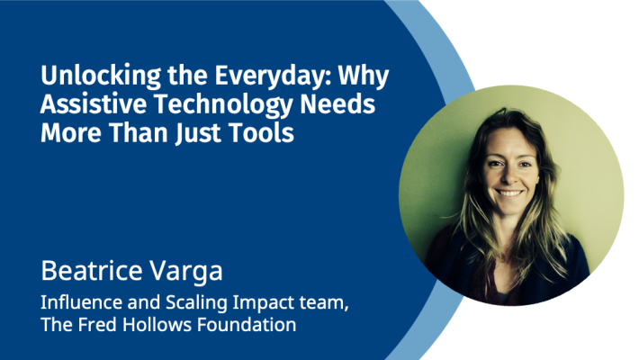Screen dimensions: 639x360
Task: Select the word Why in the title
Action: tap(364, 76)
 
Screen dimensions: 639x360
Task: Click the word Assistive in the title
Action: tap(94, 104)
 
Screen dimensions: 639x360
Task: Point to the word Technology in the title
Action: tap(223, 104)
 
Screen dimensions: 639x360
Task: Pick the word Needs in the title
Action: tap(337, 104)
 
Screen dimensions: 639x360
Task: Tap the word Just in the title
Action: tap(199, 133)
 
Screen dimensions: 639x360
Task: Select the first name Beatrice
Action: tap(91, 270)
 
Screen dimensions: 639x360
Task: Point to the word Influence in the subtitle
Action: tap(81, 302)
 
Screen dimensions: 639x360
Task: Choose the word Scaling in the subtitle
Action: tap(196, 303)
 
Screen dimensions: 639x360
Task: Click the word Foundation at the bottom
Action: tap(247, 325)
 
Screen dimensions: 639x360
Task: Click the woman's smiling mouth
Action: tap(509, 193)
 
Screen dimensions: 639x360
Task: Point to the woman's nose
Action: tap(509, 175)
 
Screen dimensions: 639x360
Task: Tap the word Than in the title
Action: tap(139, 132)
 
